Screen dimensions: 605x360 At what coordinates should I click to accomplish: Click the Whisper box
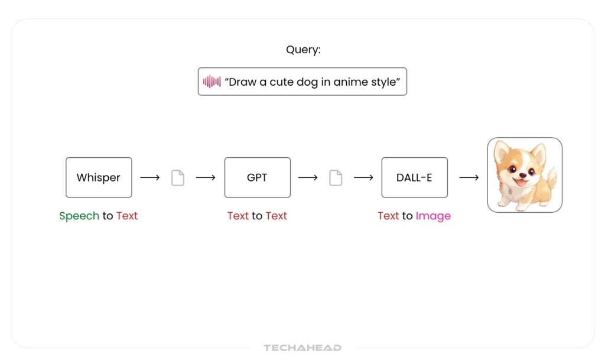pos(99,177)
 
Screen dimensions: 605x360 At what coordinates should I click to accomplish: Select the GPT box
pos(258,177)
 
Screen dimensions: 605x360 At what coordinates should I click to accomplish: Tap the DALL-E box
pos(414,177)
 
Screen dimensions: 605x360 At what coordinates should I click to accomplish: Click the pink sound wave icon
pos(212,82)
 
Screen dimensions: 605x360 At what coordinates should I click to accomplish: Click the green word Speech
pos(79,216)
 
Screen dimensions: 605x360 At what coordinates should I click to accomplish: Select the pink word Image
pos(433,216)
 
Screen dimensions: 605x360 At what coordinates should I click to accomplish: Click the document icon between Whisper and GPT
pos(178,178)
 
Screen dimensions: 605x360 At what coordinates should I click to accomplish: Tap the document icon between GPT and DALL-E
pos(336,178)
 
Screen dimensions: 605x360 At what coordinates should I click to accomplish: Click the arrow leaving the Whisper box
pos(150,177)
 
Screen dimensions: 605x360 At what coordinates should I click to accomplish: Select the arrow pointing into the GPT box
pos(206,177)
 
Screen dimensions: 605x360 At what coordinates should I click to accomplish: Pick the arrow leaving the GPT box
pos(308,177)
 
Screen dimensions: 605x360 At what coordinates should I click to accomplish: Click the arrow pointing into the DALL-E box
pos(363,177)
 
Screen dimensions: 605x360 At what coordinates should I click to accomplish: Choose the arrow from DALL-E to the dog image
pos(469,177)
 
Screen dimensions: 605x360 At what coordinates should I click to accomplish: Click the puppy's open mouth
pos(521,181)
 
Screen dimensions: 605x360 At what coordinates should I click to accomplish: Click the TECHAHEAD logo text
pos(302,348)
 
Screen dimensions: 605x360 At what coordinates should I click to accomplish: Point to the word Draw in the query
pos(243,82)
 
